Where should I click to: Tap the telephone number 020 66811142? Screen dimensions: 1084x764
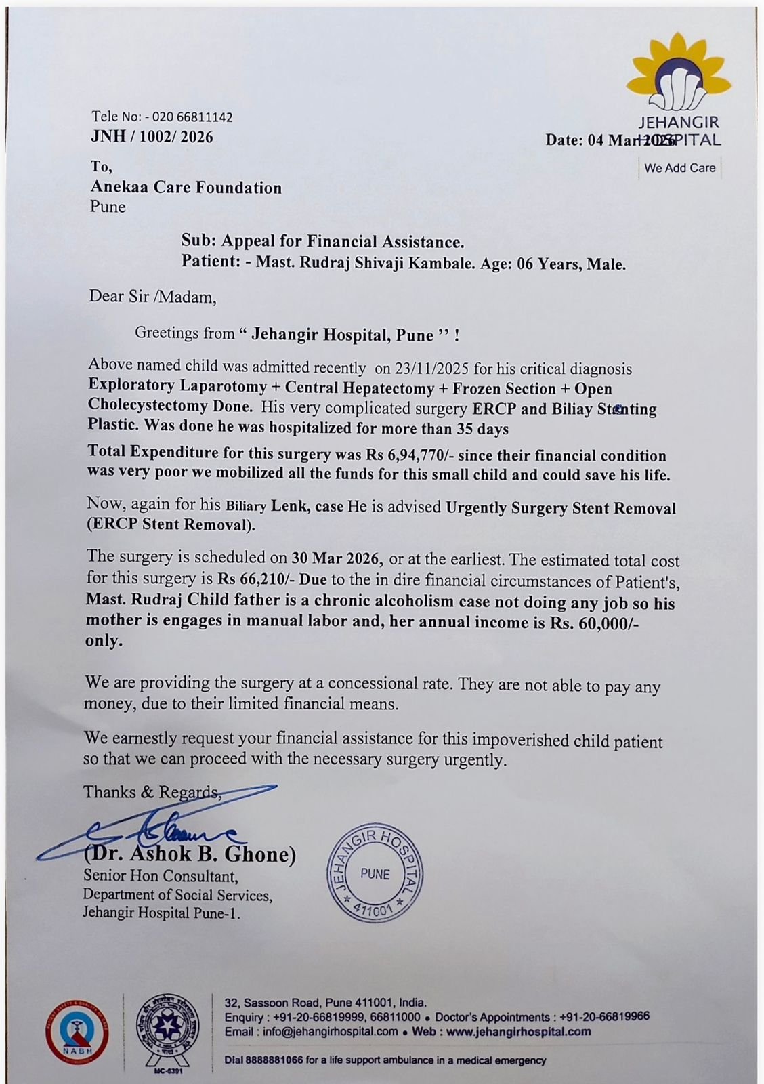click(x=192, y=117)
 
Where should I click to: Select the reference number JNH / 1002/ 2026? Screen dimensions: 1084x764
click(x=152, y=138)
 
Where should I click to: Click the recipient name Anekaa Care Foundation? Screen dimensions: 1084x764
click(x=186, y=188)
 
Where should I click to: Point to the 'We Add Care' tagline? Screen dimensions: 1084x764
click(x=679, y=168)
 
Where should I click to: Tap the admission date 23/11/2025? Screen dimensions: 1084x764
click(x=429, y=369)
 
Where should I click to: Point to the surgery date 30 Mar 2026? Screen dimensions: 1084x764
click(x=337, y=559)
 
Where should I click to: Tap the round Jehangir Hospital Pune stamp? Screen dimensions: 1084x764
click(x=375, y=874)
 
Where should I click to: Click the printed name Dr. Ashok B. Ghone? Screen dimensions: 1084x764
click(x=191, y=855)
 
